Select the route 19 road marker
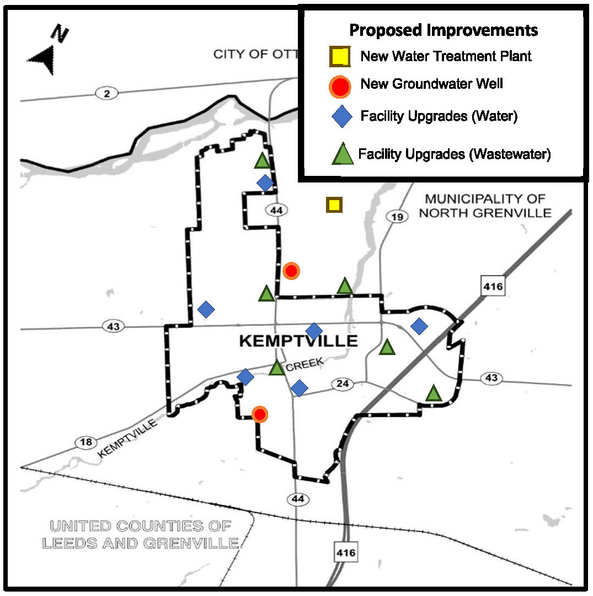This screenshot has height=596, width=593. [397, 217]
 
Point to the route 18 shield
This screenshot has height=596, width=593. [86, 443]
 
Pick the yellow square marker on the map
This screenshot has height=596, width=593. [333, 205]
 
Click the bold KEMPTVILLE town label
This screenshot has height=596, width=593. [298, 341]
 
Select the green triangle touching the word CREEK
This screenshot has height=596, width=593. [277, 368]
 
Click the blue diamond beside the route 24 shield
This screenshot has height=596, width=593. [299, 388]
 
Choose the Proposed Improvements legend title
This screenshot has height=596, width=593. [444, 30]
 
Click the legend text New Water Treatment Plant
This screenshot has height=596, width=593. [446, 56]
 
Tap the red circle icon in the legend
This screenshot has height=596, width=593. [340, 85]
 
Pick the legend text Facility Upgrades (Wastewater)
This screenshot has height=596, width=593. [455, 154]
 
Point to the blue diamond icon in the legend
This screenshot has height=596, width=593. [342, 117]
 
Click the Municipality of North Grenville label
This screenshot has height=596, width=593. [485, 206]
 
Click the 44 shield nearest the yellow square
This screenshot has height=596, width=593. [276, 210]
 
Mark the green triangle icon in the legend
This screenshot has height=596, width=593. [343, 154]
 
